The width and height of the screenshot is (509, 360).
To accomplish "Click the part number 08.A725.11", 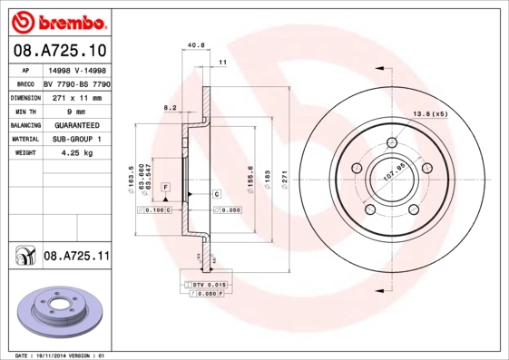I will point(76,258).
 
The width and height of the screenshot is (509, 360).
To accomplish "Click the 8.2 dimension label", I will point(169,107).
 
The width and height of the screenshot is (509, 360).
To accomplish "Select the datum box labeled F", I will point(166,186).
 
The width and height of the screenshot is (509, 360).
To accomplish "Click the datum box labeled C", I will point(218,194).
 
